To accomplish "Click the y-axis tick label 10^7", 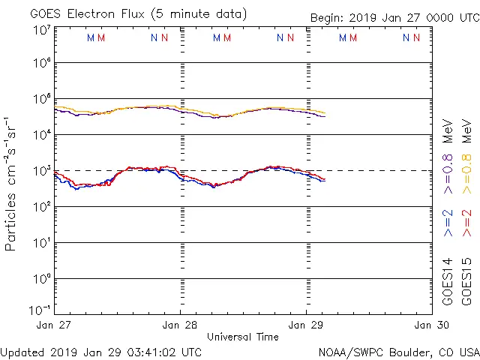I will coord(41,31).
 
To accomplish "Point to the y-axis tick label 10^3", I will coord(41,170).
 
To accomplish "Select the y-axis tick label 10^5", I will coord(41,100).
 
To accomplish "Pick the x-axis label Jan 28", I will coord(180,325).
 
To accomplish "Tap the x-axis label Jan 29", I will coord(305,325).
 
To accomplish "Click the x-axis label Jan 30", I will coord(430,325).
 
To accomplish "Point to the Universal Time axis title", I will coord(242,337).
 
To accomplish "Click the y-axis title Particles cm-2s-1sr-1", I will coord(12,183).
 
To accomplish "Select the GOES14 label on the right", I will coord(448,280).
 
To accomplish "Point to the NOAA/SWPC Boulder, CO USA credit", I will coord(398,351).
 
